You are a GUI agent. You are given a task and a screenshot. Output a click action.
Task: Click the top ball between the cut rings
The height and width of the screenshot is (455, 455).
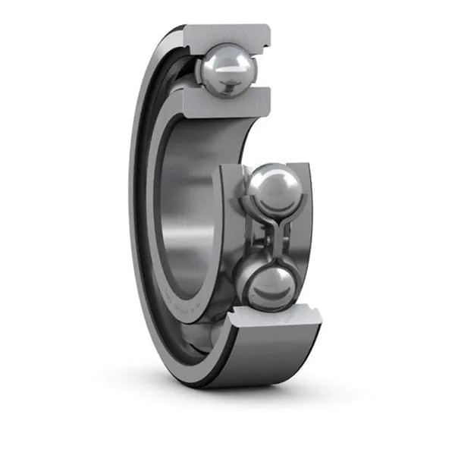pyautogui.click(x=227, y=68)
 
